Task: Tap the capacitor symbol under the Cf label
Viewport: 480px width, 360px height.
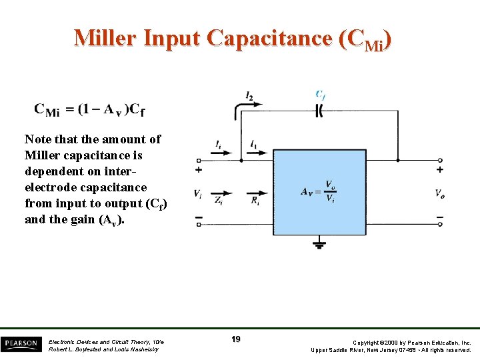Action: [x=319, y=111]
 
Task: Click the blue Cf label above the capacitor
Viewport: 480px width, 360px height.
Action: [x=320, y=95]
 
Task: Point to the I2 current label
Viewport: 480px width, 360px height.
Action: [x=249, y=97]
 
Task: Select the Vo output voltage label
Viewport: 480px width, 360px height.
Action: [x=440, y=193]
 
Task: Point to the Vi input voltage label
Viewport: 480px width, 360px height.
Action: [x=198, y=193]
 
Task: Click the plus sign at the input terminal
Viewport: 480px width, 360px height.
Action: [x=198, y=171]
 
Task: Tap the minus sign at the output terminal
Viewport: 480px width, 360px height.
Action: [x=439, y=216]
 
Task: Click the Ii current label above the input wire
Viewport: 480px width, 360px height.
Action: [x=218, y=145]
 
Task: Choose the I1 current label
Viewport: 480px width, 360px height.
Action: [x=254, y=145]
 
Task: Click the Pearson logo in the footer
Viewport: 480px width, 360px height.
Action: [x=20, y=344]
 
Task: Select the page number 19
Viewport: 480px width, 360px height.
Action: [x=236, y=339]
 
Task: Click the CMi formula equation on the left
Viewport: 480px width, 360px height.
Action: [x=89, y=109]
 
